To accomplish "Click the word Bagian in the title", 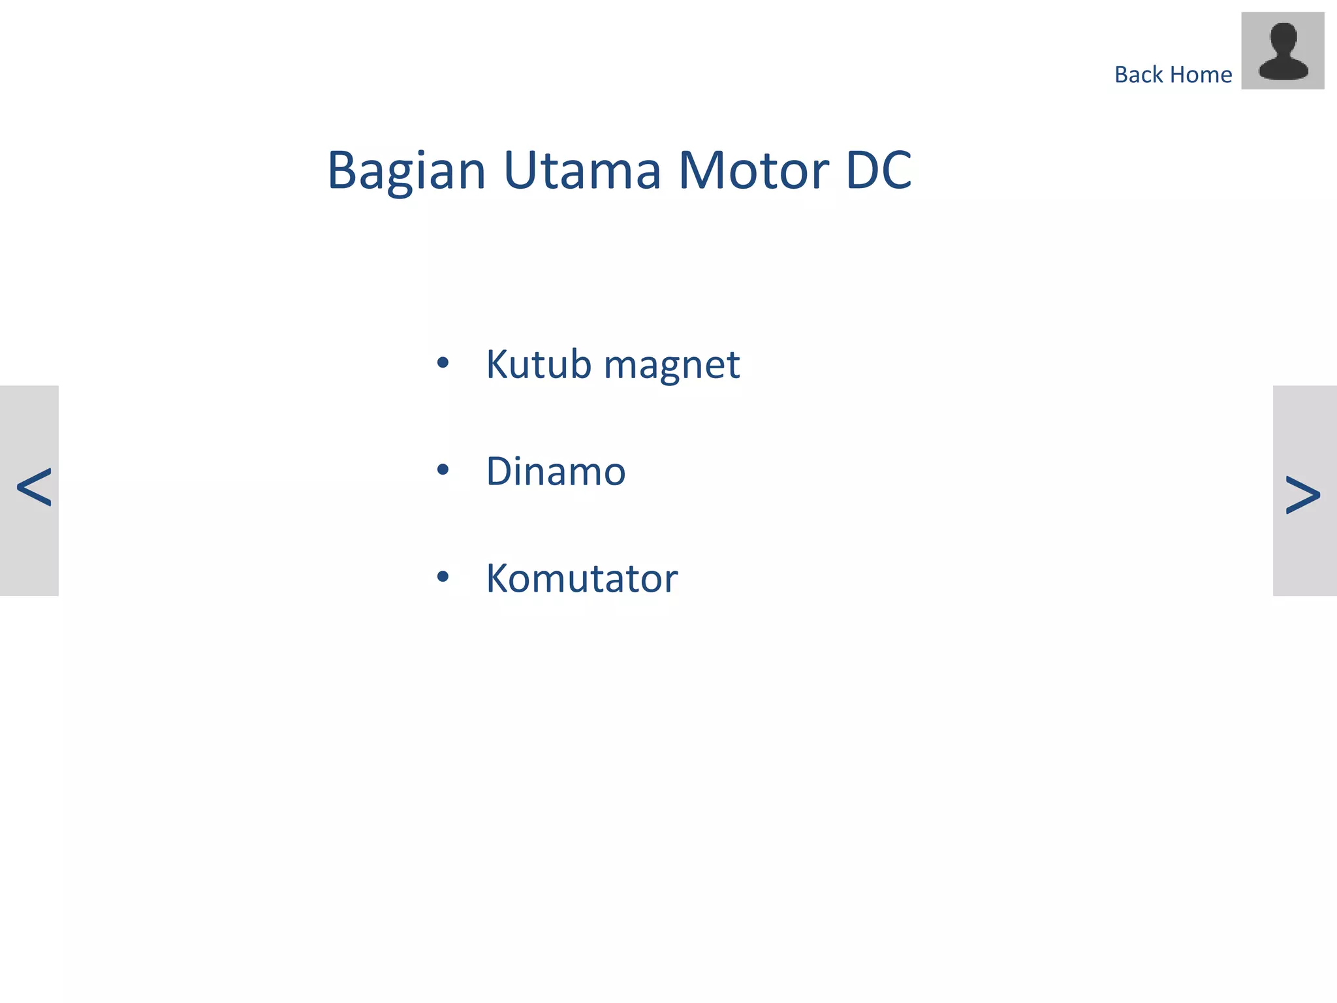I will tap(406, 171).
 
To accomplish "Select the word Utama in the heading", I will tap(582, 171).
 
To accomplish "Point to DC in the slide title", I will tap(878, 171).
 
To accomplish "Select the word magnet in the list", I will tap(672, 366).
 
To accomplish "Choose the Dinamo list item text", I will tap(556, 471).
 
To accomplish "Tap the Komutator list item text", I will tap(582, 579).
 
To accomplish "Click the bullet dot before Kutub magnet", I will tap(443, 362).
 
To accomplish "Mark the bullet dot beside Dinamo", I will tap(443, 470).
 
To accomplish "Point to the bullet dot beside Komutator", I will tap(443, 577).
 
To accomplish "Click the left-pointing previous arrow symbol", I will tap(33, 488).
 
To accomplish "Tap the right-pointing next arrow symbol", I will tap(1302, 495).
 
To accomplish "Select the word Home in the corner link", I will tap(1201, 75).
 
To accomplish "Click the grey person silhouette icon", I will tap(1282, 51).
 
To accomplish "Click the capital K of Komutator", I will tap(499, 579).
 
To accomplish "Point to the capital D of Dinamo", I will tap(500, 471).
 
